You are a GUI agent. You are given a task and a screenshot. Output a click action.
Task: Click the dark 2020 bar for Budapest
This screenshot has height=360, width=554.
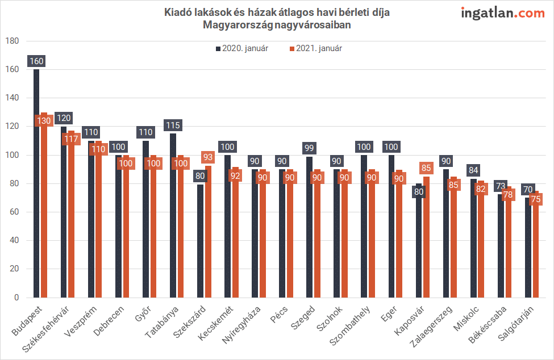click(x=36, y=187)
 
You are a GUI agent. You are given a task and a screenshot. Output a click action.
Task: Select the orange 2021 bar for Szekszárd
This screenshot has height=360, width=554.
click(x=207, y=238)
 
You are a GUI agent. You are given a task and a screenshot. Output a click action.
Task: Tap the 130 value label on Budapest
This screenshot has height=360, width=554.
click(x=43, y=120)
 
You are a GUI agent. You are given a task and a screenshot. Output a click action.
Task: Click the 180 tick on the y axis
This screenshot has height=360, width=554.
click(x=13, y=41)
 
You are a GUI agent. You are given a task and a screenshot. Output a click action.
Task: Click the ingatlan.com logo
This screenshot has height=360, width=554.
click(x=502, y=12)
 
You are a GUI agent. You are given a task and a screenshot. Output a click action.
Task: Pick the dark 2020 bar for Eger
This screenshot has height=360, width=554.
click(x=391, y=227)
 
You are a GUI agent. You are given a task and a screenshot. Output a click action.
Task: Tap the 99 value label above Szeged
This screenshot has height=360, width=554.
click(x=309, y=147)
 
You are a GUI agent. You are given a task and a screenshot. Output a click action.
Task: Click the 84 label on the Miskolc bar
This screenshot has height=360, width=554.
click(x=473, y=169)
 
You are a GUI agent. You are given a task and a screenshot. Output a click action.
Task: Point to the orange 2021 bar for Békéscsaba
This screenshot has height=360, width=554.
click(x=507, y=250)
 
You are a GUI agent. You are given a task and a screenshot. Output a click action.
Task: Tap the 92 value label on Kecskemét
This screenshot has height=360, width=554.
click(x=234, y=175)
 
